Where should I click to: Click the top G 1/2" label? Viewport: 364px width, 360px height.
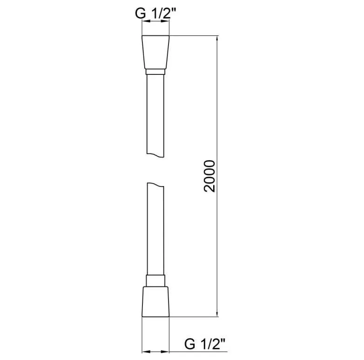coord(156,13)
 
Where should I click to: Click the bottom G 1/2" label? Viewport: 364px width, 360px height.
coord(205,344)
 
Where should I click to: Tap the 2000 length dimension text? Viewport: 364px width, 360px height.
coord(209,176)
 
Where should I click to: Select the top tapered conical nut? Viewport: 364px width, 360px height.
coord(155,52)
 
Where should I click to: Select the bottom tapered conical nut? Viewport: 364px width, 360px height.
coord(155,301)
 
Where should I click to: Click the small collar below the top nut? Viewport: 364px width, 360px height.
coord(155,72)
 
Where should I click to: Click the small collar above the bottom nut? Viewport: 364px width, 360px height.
coord(155,280)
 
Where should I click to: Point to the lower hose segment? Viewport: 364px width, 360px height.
coord(155,230)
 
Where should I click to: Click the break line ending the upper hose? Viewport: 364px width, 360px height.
coord(155,155)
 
